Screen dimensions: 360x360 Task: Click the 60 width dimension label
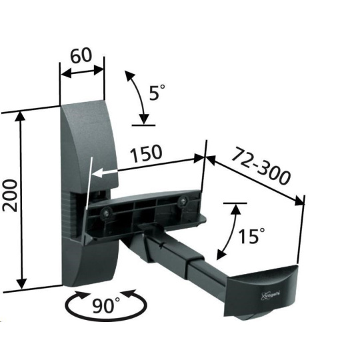click(81, 56)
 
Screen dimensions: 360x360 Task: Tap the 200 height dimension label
click(9, 196)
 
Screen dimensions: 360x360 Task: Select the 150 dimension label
click(146, 153)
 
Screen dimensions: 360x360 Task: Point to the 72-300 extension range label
click(261, 166)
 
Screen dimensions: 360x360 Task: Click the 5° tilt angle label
click(157, 92)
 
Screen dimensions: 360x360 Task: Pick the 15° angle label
click(251, 236)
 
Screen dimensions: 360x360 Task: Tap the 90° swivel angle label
click(106, 305)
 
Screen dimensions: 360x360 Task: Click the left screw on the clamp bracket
click(106, 213)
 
